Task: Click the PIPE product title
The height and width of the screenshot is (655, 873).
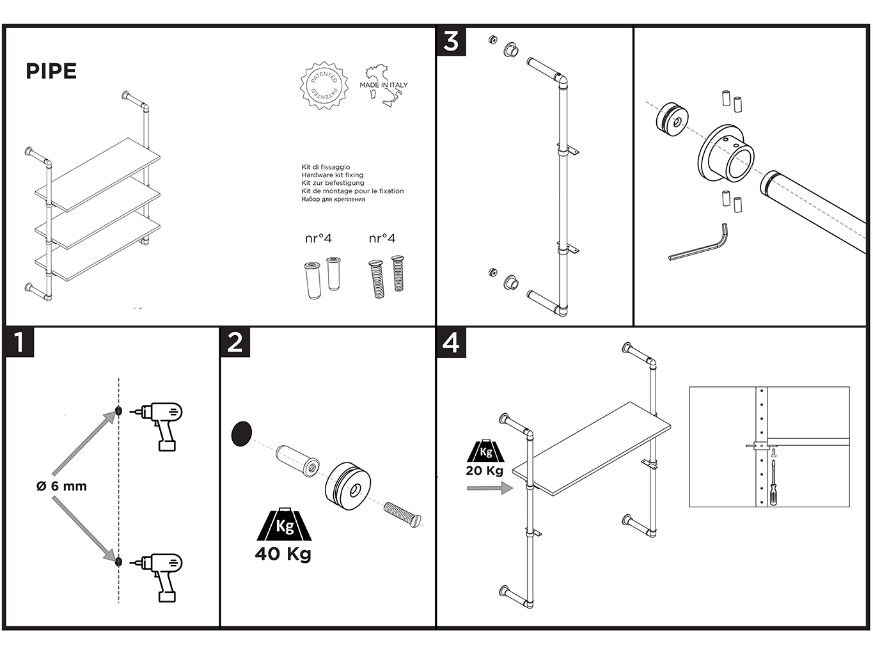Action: click(x=51, y=71)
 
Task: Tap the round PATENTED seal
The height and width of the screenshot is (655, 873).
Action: click(x=324, y=86)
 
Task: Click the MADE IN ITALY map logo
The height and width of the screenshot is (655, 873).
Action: click(x=384, y=84)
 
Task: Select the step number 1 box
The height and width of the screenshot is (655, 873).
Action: click(x=19, y=342)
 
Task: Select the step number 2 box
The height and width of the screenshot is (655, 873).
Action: click(x=235, y=342)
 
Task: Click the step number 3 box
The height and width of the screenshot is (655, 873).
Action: click(x=451, y=41)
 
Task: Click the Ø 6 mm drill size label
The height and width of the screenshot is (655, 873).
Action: click(x=61, y=486)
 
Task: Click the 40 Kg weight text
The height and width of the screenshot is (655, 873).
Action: click(x=283, y=553)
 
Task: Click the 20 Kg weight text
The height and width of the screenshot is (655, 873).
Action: click(x=484, y=471)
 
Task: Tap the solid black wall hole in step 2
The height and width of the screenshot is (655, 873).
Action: click(x=241, y=434)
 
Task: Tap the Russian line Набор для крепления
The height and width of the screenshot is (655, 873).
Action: click(x=333, y=200)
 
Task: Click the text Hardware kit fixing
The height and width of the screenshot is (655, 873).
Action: click(x=333, y=175)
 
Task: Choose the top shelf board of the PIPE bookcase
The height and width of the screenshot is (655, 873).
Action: click(x=97, y=174)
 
